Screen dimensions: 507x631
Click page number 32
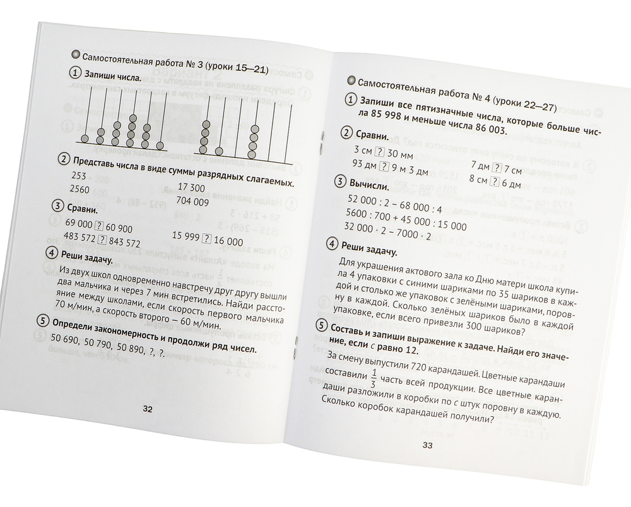148,409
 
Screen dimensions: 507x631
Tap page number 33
427,446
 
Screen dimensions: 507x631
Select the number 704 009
194,202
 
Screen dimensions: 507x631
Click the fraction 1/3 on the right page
375,377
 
